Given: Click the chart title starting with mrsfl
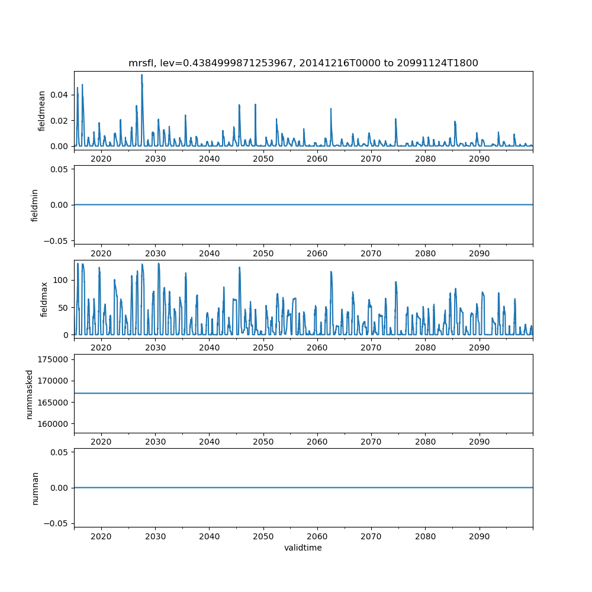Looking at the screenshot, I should (x=303, y=63).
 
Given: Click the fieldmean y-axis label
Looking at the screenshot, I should (x=41, y=111).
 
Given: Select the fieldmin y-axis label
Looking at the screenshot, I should (x=34, y=205).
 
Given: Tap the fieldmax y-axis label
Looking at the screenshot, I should (x=44, y=299).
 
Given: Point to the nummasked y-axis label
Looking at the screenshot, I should (x=29, y=394).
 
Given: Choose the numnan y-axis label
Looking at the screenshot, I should (x=34, y=488).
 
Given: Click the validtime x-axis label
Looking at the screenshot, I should (x=303, y=548).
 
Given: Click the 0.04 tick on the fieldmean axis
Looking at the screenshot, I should (x=59, y=95).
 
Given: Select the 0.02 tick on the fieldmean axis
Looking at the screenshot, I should (x=59, y=121).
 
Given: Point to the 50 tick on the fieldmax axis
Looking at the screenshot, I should (x=65, y=307).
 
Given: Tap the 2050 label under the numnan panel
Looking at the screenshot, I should (x=263, y=536).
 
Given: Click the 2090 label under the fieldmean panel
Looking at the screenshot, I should (x=479, y=159).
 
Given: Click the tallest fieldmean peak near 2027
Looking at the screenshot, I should (x=142, y=75).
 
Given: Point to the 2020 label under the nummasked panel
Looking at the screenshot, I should (x=101, y=442).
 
